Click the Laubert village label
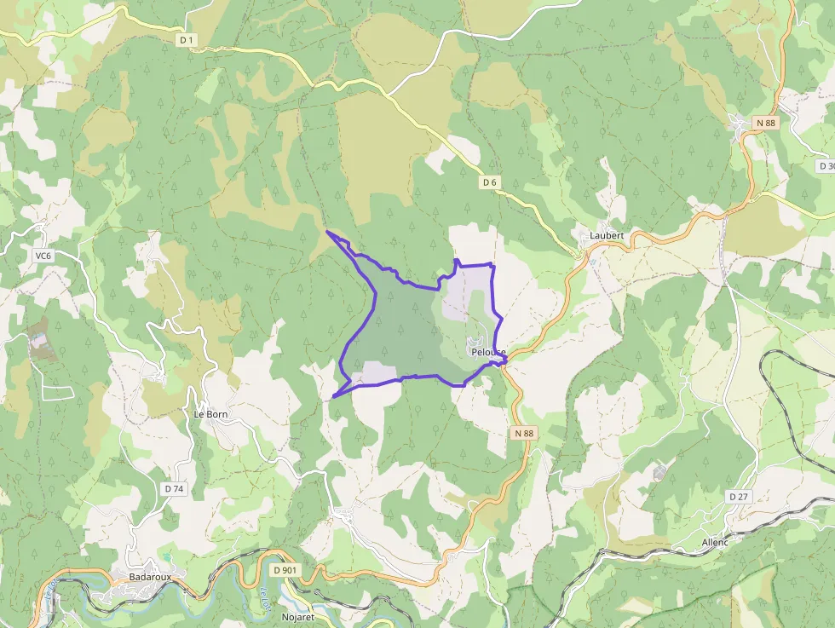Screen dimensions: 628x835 click(x=607, y=235)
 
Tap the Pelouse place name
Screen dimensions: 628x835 click(x=487, y=352)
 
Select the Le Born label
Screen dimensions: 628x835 click(x=210, y=414)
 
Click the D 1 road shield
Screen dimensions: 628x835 click(x=187, y=40)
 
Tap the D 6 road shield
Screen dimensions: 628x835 click(x=489, y=182)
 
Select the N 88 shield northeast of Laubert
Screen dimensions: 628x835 click(x=766, y=123)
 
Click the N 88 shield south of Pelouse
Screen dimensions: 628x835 click(x=524, y=434)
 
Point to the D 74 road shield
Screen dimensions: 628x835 click(x=173, y=488)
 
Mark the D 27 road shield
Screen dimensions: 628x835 click(x=738, y=496)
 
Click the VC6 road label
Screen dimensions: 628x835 click(x=43, y=256)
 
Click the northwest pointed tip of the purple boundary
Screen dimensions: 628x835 click(x=327, y=232)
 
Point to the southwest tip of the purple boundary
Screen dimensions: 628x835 click(x=333, y=396)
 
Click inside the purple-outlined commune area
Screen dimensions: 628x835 click(x=400, y=332)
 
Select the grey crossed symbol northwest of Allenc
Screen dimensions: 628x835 click(x=659, y=472)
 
